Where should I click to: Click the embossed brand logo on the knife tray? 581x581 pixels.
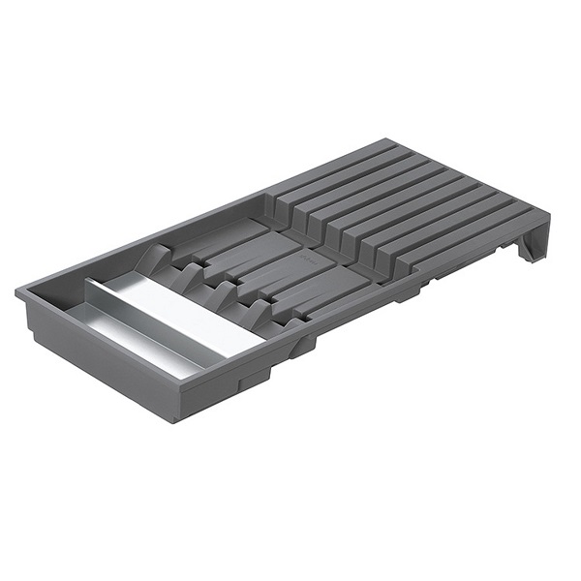coord(306,260)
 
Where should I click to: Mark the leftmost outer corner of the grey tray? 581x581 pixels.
coord(16,290)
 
